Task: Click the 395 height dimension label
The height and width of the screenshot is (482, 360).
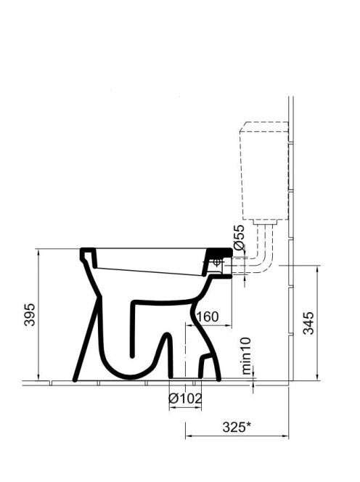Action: (x=30, y=314)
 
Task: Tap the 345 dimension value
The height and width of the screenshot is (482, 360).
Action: (x=308, y=323)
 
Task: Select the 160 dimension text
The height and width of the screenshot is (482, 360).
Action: (x=207, y=316)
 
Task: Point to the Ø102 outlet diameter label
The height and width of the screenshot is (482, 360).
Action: (x=185, y=399)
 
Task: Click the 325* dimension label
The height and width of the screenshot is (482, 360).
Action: (x=237, y=427)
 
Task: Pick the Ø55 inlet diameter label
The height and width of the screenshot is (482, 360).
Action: (x=239, y=237)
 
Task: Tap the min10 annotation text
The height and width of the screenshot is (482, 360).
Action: (x=246, y=356)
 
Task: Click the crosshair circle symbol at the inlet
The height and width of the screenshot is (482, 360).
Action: (x=217, y=262)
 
